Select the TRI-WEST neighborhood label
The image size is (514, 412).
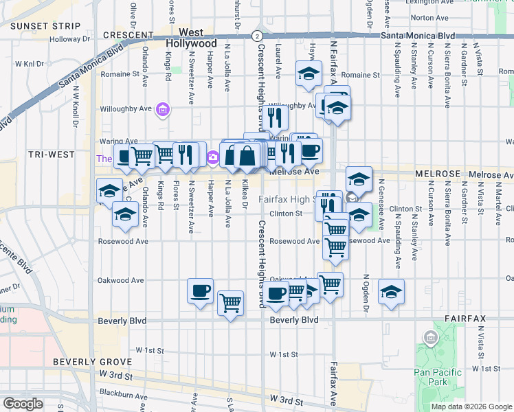point(51,154)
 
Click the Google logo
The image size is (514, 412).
point(23,404)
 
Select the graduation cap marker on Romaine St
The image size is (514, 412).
point(309,73)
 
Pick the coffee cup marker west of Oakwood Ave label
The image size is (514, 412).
point(200,290)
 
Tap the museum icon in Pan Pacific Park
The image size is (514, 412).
point(431,337)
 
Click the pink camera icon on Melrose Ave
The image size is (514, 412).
point(212,158)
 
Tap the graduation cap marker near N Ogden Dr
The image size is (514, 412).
point(391,292)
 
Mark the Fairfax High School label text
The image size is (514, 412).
point(287,200)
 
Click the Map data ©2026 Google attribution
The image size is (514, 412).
point(471,407)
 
